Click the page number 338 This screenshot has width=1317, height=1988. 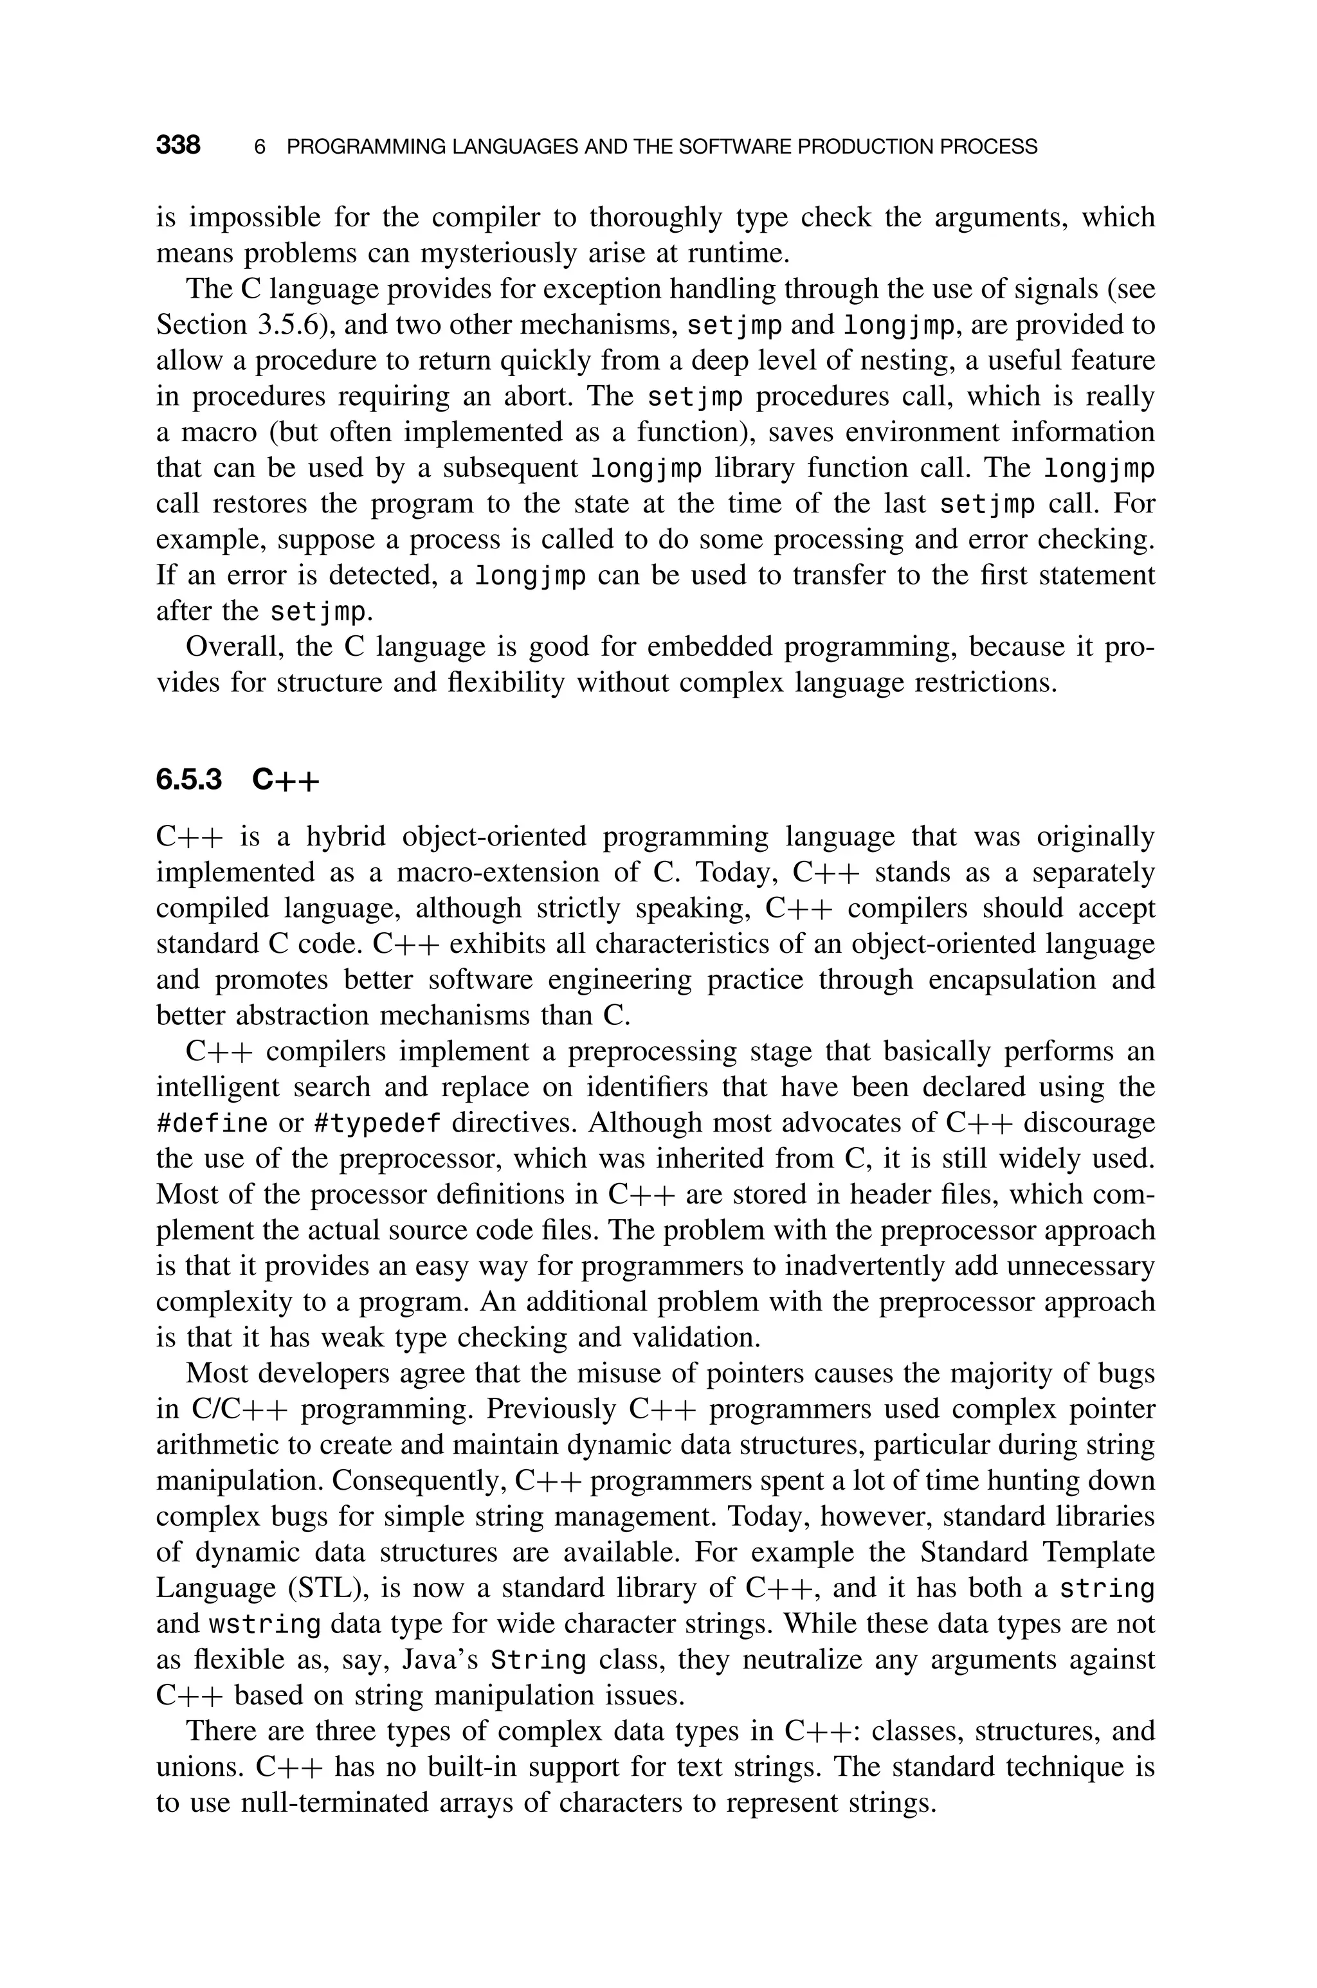tap(178, 145)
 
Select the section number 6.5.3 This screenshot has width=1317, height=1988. tap(189, 780)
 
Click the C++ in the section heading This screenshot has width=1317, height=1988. tap(286, 780)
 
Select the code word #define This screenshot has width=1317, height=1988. tap(212, 1123)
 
